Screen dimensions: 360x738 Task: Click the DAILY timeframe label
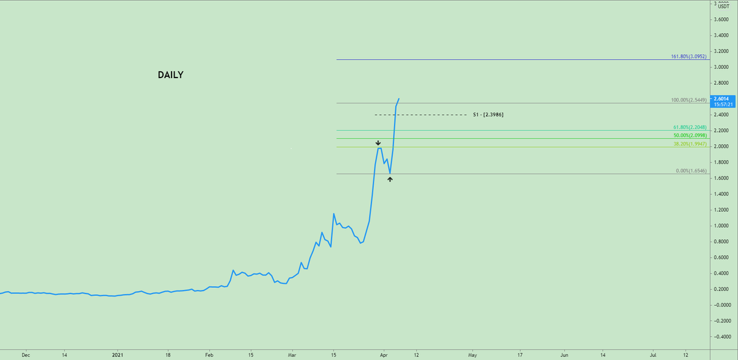coord(170,75)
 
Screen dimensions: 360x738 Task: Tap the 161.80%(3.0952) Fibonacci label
coord(689,56)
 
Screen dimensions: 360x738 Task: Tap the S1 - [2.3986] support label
coord(489,115)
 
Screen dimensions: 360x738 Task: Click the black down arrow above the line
coord(378,143)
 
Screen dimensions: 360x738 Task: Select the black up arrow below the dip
coord(390,179)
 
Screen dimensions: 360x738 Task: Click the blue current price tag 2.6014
coord(719,98)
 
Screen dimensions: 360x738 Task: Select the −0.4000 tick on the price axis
coord(721,337)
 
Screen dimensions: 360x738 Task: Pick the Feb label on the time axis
coord(209,355)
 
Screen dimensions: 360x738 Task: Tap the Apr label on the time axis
coord(383,355)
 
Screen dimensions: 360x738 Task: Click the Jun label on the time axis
coord(564,355)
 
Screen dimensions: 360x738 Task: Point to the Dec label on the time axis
coord(25,355)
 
